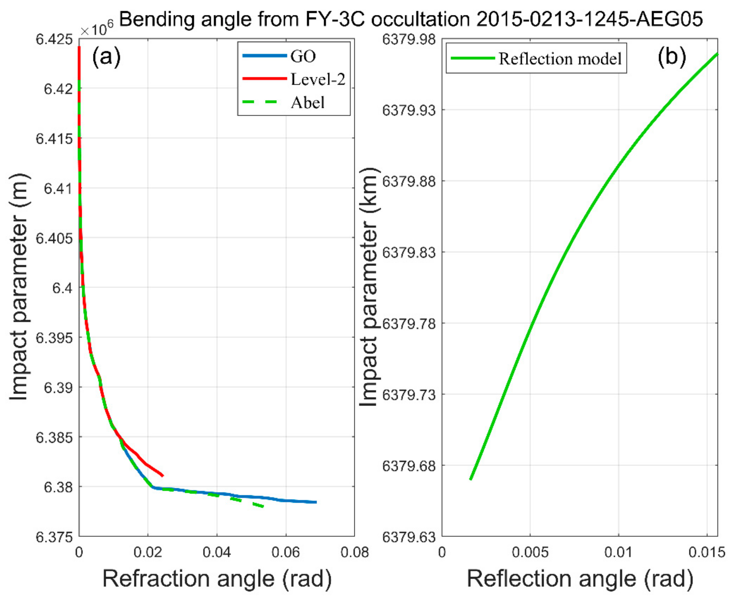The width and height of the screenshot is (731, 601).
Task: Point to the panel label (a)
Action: tap(106, 56)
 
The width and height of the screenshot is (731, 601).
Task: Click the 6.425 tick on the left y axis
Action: tap(54, 39)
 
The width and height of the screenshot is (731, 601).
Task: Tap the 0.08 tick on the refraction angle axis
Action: tap(354, 552)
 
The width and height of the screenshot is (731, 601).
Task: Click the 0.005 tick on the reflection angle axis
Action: tap(530, 552)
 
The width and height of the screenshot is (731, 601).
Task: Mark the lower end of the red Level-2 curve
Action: tap(163, 476)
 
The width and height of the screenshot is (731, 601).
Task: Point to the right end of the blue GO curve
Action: tap(316, 502)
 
